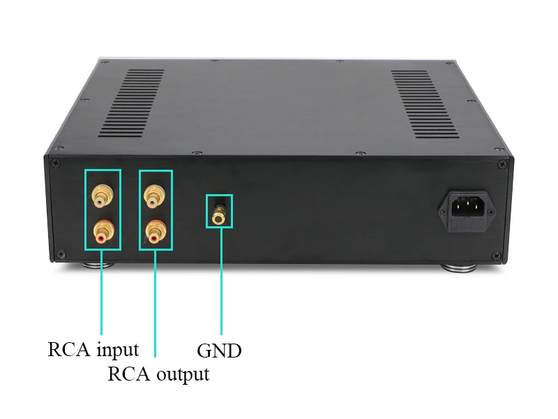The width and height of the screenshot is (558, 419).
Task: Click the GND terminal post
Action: [x=219, y=213]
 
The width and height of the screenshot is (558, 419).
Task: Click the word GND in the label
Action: [x=219, y=351]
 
